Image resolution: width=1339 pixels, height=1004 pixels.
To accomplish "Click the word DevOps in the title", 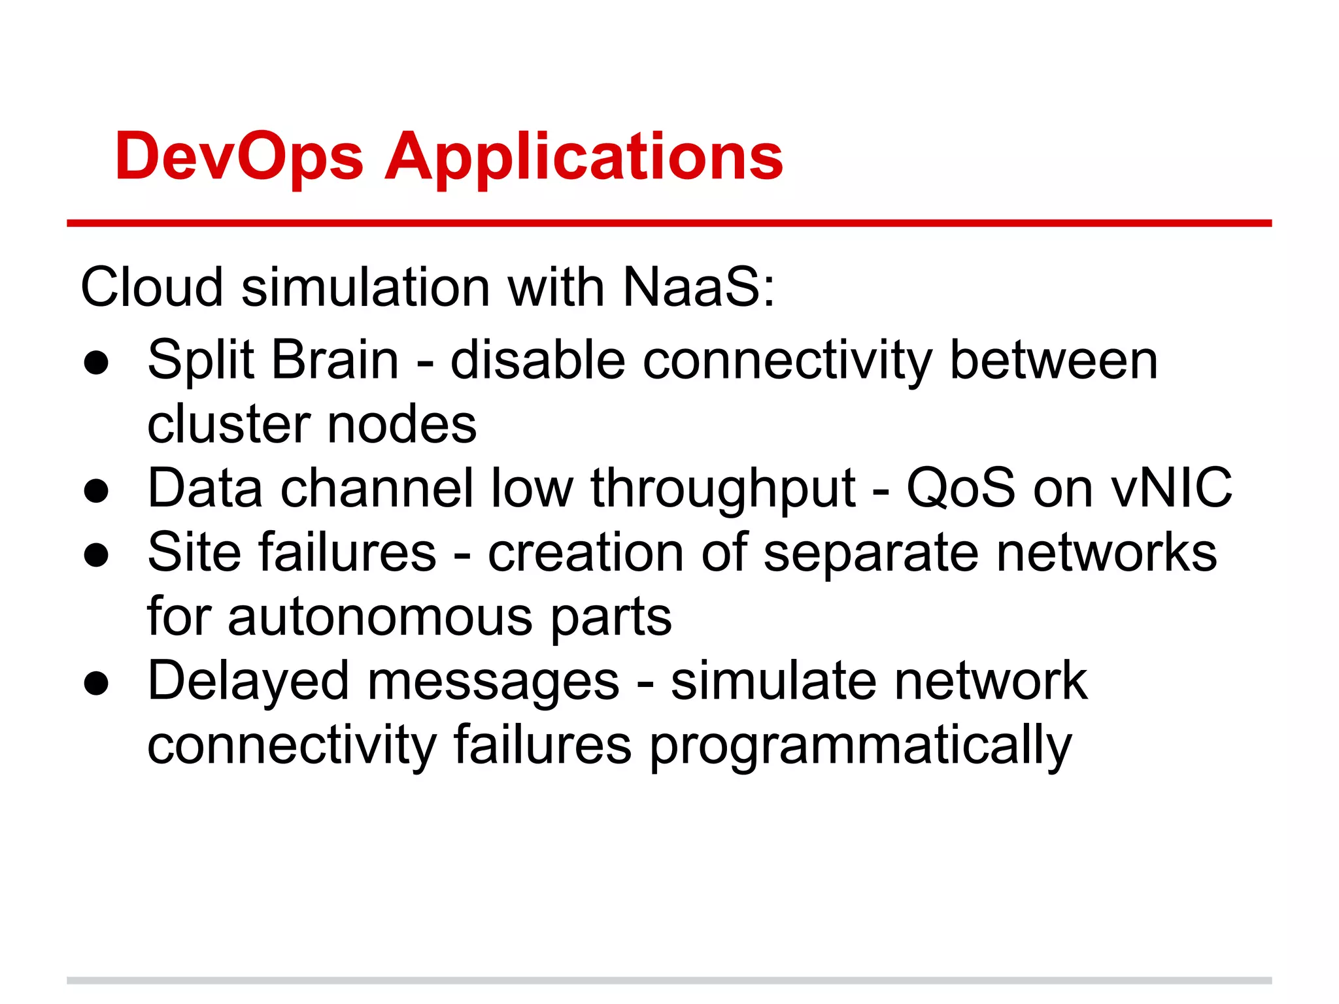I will [239, 157].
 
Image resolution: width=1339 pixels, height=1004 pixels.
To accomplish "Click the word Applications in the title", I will [583, 157].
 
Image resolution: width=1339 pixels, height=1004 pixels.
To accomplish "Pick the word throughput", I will [723, 488].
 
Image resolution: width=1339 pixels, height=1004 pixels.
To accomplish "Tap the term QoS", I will [960, 488].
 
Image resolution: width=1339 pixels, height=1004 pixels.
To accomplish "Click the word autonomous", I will [380, 616].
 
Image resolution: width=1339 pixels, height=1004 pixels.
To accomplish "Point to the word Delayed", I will [248, 680].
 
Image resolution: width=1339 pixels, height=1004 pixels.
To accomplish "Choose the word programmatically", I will [860, 745].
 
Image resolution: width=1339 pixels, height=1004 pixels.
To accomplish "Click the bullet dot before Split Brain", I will [96, 363].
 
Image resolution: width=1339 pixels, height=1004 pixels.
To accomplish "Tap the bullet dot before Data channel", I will [96, 492].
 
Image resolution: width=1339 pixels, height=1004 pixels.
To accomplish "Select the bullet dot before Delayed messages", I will [96, 684].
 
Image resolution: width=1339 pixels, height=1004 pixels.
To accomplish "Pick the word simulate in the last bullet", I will [773, 680].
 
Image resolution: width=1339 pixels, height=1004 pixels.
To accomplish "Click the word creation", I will [585, 552].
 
